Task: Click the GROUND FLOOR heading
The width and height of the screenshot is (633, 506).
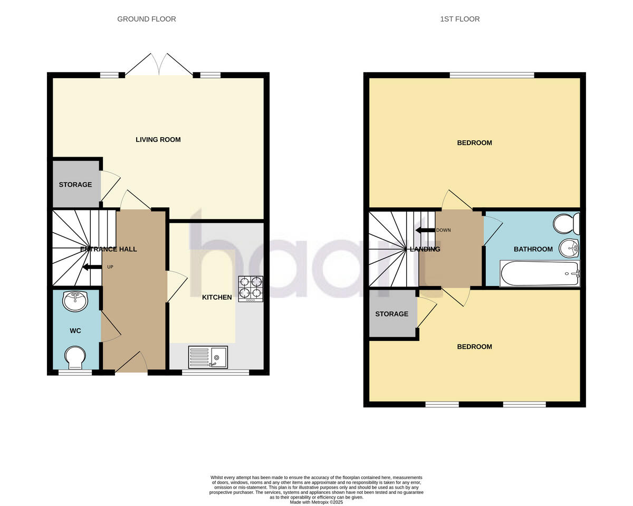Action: [x=147, y=19]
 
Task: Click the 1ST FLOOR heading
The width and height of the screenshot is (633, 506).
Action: [x=460, y=19]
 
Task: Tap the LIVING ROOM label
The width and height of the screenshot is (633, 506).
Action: [x=158, y=140]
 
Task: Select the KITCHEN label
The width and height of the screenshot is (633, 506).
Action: [x=217, y=297]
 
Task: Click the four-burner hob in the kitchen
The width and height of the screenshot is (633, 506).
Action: [x=251, y=289]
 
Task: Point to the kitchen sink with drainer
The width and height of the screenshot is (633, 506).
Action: [x=208, y=357]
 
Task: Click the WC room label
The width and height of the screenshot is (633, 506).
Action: [x=75, y=331]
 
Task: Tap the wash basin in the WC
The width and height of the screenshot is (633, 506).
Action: [x=75, y=301]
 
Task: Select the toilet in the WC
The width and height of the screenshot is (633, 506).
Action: [x=75, y=357]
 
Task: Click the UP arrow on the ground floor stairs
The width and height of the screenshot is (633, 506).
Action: [x=92, y=267]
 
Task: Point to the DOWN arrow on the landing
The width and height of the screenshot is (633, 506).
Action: [x=425, y=230]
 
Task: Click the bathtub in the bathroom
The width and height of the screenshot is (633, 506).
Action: [x=540, y=273]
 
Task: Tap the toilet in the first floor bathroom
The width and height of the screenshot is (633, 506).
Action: [x=567, y=224]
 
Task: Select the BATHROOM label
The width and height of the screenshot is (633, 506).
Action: [x=533, y=249]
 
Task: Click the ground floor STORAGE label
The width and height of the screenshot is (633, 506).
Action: [x=75, y=185]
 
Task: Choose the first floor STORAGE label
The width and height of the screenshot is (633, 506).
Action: [x=392, y=314]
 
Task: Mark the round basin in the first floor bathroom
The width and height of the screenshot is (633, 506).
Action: [x=569, y=247]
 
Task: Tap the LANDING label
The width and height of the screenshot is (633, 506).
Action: [x=425, y=249]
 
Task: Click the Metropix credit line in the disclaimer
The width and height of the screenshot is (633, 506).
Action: [x=316, y=502]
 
